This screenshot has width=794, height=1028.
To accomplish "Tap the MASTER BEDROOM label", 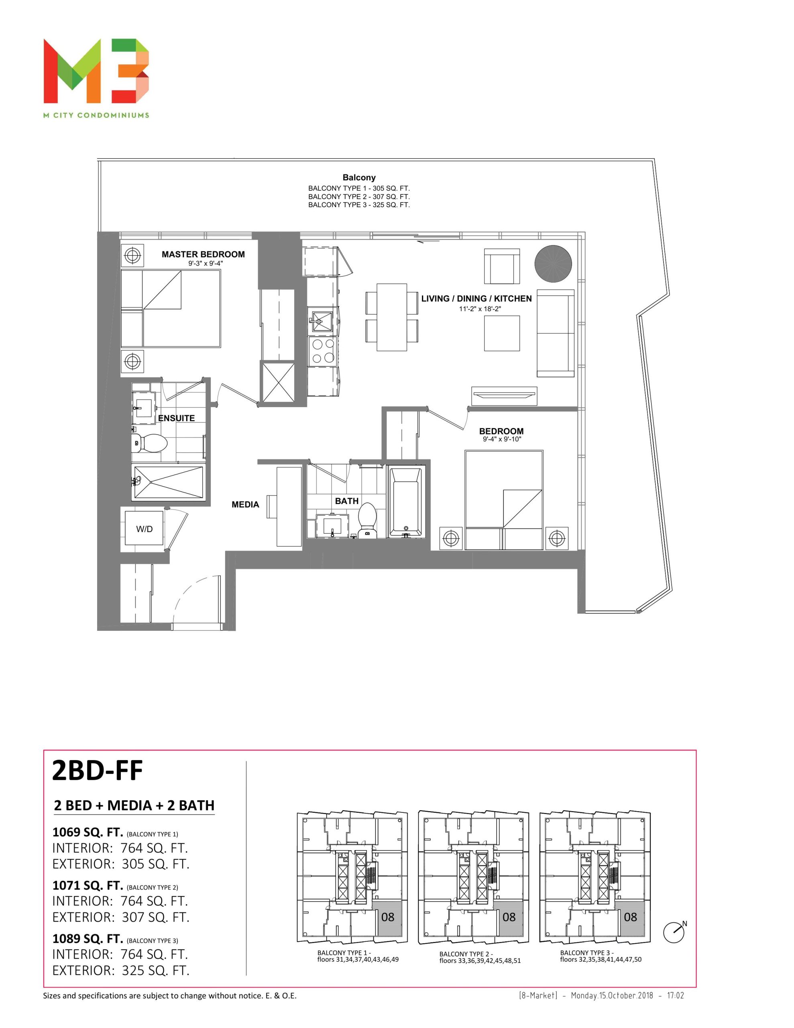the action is (x=204, y=254).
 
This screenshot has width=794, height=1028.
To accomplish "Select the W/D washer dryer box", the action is (x=144, y=528).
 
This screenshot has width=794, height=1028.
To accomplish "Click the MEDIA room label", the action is (x=245, y=505).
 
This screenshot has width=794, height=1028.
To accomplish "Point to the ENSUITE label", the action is (x=177, y=418).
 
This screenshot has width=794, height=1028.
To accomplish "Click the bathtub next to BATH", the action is (x=405, y=502).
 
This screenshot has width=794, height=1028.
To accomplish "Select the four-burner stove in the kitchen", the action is (x=322, y=351).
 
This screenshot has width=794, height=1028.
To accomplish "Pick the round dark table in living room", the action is (x=553, y=263).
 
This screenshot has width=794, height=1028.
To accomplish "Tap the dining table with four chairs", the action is (x=392, y=317).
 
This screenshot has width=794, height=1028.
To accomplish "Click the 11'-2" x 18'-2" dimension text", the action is (x=480, y=309).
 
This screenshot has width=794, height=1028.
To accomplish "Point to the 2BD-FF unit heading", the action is (x=98, y=771).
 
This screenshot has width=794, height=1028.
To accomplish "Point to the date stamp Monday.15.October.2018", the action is (x=612, y=995).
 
